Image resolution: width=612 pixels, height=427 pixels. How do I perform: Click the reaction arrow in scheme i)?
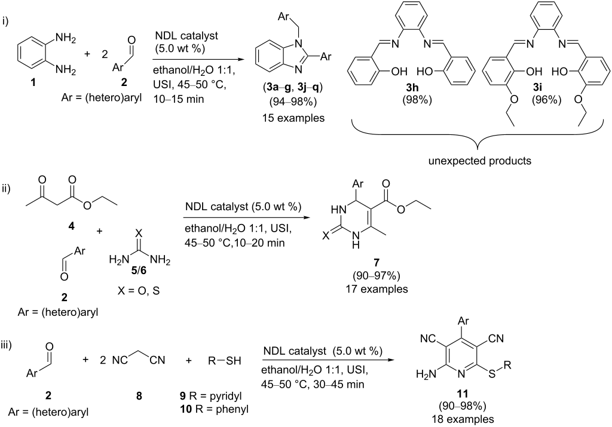[197, 59]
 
